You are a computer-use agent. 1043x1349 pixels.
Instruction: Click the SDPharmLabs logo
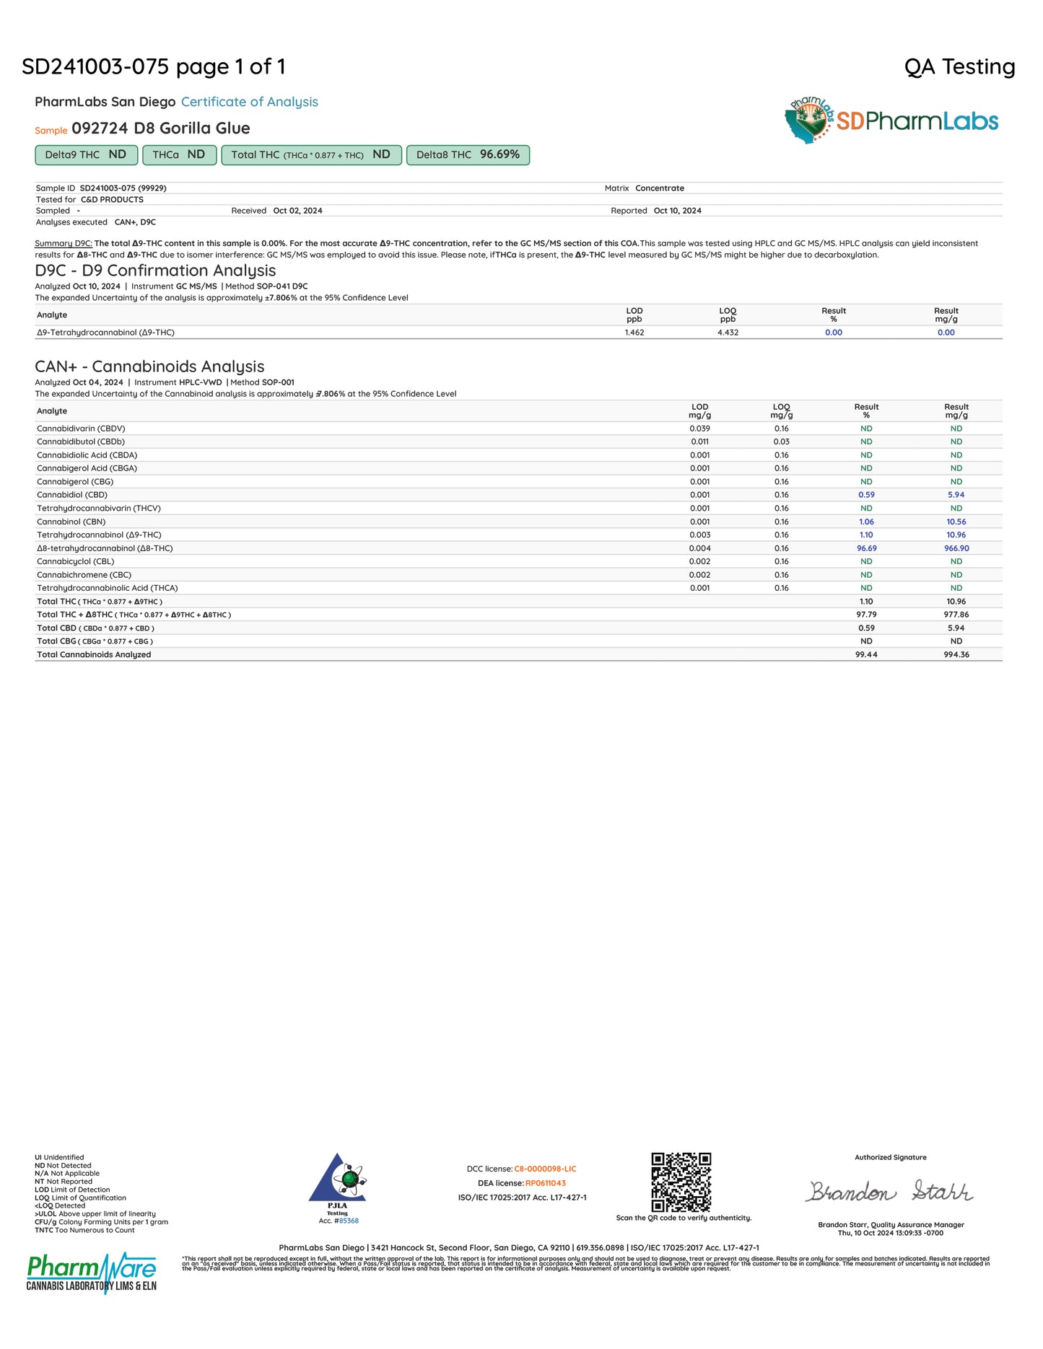891,120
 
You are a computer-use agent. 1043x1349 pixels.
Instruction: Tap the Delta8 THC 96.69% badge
468,155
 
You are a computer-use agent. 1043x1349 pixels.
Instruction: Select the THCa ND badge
179,155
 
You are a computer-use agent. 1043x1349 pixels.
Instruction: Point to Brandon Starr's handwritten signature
889,1191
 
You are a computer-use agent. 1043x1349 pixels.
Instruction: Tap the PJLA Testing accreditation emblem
337,1183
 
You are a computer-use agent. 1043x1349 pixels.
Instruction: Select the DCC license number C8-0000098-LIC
545,1169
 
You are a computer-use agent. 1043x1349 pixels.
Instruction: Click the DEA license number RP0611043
545,1183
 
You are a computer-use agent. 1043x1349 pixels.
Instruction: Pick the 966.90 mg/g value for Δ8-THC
956,548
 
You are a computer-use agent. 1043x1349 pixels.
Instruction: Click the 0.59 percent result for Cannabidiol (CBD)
866,495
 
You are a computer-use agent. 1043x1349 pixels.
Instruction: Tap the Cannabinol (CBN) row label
71,522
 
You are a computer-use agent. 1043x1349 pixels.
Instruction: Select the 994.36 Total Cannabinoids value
956,655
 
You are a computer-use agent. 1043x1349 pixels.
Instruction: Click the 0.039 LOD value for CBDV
699,429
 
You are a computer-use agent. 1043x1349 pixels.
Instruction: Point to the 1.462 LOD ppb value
634,333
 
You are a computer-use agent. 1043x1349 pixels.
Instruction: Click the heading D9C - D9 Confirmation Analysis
155,271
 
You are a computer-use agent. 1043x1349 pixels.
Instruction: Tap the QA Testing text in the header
959,67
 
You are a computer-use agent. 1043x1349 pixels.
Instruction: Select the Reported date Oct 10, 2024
677,211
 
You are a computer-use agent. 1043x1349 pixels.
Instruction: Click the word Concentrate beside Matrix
660,188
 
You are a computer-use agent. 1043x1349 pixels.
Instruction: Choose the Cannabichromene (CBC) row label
84,575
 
